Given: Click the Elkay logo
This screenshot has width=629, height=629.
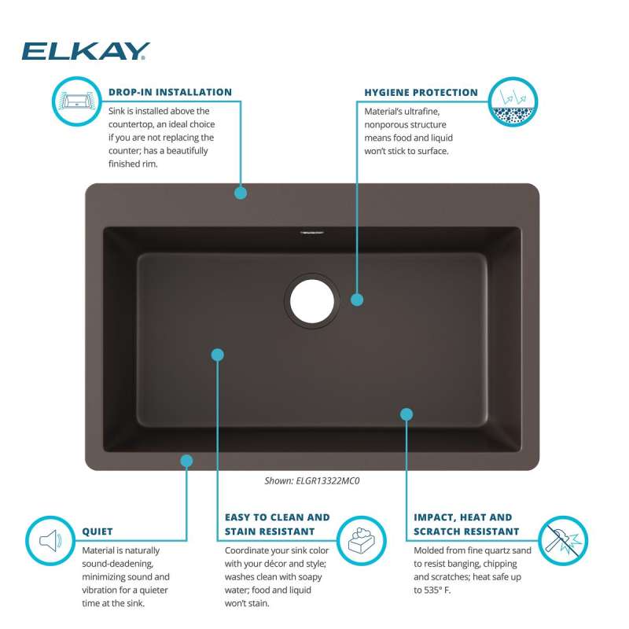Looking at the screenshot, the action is tap(86, 51).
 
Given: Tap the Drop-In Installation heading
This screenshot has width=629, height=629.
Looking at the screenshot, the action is tap(170, 92).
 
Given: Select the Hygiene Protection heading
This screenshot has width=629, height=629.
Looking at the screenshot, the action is tap(421, 93).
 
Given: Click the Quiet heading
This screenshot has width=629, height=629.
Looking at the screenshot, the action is tap(97, 532).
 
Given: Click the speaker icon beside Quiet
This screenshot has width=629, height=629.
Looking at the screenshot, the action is tap(50, 540).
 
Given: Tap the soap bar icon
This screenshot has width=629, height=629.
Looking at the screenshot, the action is tap(362, 540).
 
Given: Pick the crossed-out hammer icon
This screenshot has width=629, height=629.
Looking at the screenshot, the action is tap(563, 540).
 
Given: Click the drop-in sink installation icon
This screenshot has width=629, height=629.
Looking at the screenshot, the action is tap(76, 101).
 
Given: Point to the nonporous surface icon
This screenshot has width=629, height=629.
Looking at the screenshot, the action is tap(513, 101).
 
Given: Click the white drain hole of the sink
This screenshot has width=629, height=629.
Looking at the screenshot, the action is tap(312, 301).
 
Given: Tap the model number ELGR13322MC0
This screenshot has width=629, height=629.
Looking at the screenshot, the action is tap(328, 480).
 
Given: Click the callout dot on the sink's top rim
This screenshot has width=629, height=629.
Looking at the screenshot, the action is tap(241, 193).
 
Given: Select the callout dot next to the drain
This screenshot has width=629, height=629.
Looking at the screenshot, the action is tap(357, 300).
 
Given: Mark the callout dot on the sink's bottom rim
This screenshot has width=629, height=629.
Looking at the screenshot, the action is tap(186, 461).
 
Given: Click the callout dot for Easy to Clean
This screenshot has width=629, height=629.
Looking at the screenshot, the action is tap(218, 355).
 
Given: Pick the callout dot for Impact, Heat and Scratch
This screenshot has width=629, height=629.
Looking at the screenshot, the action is tap(406, 414).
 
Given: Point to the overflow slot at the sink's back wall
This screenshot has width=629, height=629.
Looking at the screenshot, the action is tap(312, 232).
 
